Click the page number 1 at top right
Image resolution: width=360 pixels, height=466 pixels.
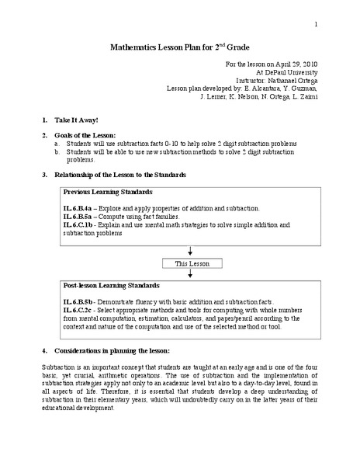[317, 26]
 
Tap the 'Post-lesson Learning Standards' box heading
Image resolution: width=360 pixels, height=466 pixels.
[112, 287]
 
